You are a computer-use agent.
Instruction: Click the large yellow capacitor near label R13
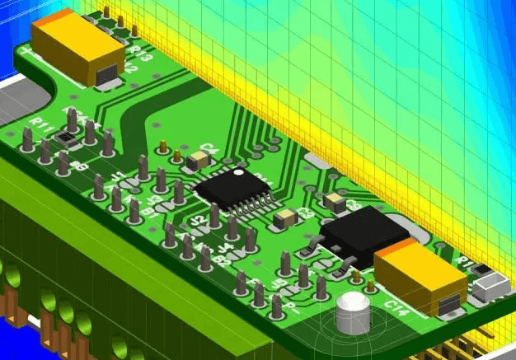(78, 48)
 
